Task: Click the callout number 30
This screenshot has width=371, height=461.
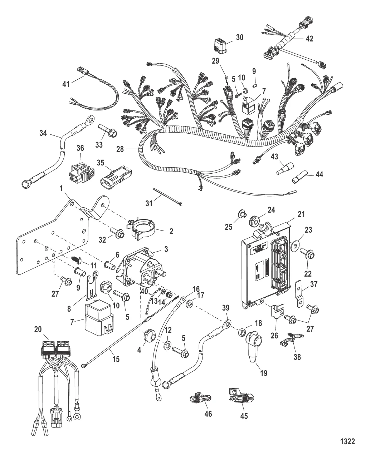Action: click(239, 37)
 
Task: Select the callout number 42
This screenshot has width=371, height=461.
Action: click(309, 39)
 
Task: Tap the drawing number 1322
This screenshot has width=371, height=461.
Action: click(347, 441)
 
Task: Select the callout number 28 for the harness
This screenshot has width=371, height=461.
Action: click(120, 149)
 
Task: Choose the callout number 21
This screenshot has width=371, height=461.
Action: click(301, 214)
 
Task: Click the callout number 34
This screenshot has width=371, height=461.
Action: click(43, 134)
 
